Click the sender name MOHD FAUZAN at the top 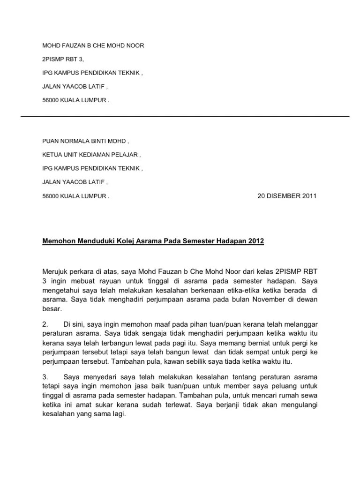tap(63, 45)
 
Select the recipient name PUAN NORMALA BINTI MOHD tap(84, 141)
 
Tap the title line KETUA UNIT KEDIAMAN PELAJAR tap(91, 155)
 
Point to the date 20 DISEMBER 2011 tap(287, 196)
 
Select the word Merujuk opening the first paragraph tap(55, 272)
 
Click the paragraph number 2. tap(45, 324)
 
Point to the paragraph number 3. tap(45, 376)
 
